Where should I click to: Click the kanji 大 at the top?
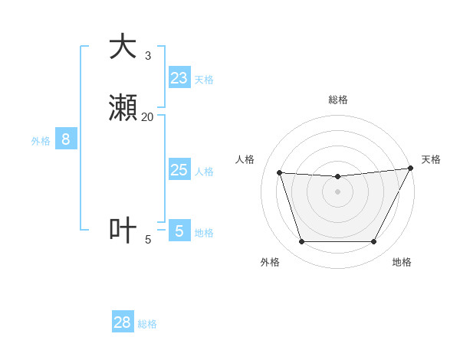(x=123, y=47)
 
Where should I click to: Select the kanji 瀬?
(x=123, y=109)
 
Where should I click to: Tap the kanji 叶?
(x=123, y=230)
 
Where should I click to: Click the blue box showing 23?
(x=179, y=78)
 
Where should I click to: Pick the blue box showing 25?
(x=179, y=170)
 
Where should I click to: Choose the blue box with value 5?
(x=179, y=231)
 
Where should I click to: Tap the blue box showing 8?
(x=66, y=139)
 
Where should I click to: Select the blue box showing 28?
(x=123, y=322)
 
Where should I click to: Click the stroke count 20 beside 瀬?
(x=147, y=117)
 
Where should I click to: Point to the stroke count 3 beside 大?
(x=148, y=55)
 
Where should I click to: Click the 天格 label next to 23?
(x=204, y=80)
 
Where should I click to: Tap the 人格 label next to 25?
(x=204, y=172)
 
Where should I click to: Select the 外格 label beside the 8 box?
(x=41, y=141)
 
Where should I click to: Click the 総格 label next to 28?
(x=147, y=324)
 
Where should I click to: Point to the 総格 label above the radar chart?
(x=337, y=100)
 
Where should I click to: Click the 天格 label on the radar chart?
(x=431, y=159)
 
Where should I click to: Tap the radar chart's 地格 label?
(x=402, y=262)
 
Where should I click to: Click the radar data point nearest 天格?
(x=411, y=169)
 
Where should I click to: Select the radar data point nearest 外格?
(x=301, y=242)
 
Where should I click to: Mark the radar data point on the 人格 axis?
(x=279, y=173)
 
